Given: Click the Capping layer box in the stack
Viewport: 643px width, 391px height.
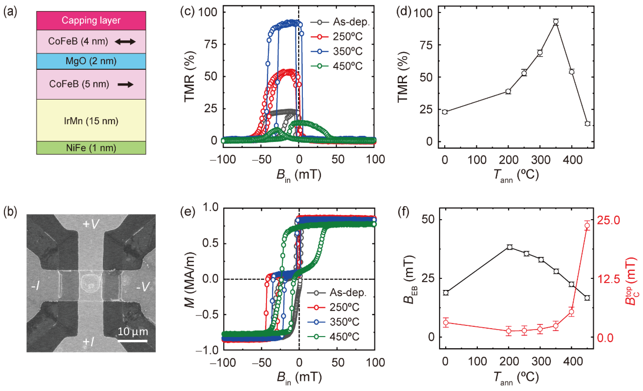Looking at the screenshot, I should coord(91,20).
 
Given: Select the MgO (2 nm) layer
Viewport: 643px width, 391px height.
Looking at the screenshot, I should coord(91,61).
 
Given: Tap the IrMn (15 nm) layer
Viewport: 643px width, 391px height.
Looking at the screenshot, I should coord(91,121).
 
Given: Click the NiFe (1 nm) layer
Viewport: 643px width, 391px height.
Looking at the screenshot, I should coord(91,148).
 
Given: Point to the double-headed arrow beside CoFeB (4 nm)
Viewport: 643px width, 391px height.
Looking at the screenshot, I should coord(125,41).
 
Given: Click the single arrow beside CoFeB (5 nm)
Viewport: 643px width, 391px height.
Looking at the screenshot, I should coord(126,84).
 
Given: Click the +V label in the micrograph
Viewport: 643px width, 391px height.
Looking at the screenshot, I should coord(91,224).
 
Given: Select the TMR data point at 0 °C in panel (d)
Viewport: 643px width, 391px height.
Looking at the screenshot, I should coord(445,112).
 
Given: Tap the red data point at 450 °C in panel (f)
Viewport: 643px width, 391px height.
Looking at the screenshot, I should coord(587,225).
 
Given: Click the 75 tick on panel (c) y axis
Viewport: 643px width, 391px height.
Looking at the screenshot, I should coord(210,44).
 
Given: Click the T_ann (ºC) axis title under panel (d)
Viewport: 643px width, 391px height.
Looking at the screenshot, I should coord(516,175).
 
